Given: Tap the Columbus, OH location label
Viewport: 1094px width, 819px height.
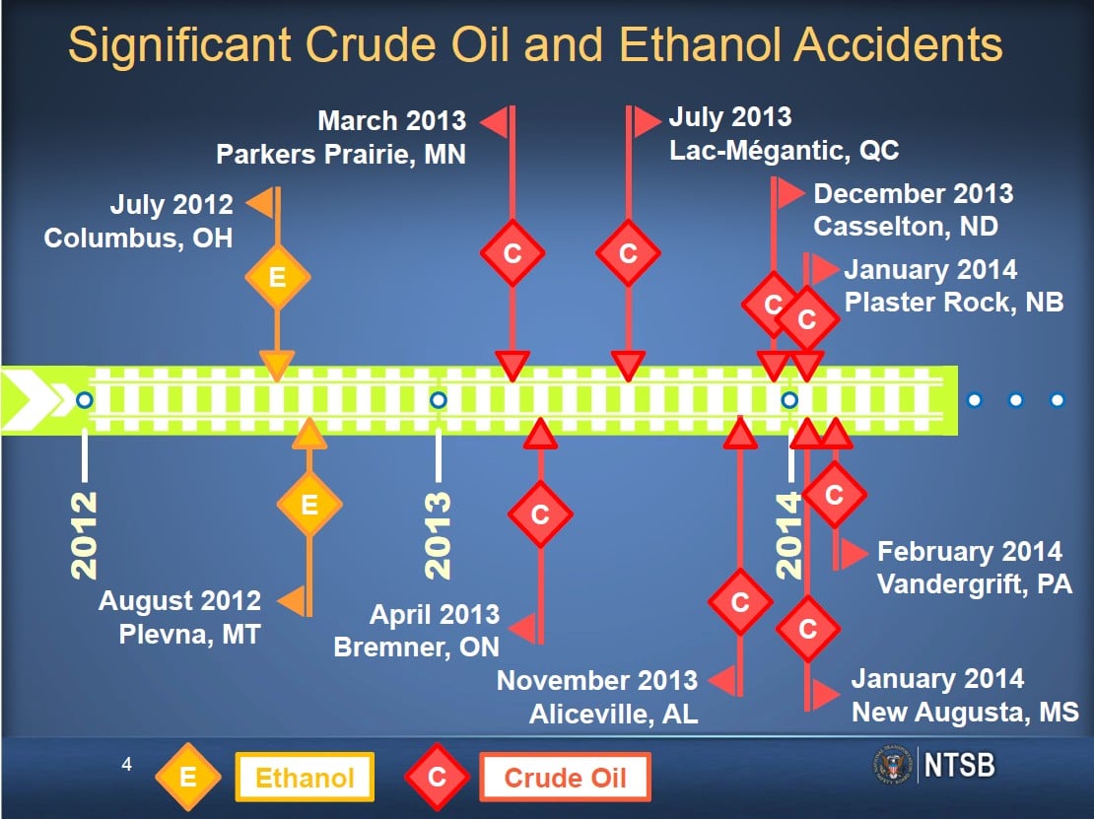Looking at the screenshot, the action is click(138, 238).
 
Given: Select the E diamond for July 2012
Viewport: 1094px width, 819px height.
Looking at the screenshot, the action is click(277, 277).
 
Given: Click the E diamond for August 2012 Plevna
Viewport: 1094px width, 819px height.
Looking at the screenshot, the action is click(309, 505).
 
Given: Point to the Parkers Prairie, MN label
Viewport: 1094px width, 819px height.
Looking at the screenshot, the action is click(340, 154).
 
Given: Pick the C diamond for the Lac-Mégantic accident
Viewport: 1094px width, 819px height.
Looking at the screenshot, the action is click(628, 252).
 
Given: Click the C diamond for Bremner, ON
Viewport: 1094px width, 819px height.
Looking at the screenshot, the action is click(540, 514).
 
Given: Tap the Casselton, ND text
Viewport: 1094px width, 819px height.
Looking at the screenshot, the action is click(906, 226).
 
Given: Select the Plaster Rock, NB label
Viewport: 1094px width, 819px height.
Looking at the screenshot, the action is click(954, 302).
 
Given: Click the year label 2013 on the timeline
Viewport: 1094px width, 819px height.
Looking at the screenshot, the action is click(439, 535).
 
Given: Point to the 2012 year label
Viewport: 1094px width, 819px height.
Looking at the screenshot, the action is click(85, 535).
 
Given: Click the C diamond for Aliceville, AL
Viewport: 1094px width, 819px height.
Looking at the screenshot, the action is click(739, 601).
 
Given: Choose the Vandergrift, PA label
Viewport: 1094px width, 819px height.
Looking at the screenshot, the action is click(974, 583).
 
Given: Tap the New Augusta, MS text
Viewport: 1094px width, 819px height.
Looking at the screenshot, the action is click(965, 713).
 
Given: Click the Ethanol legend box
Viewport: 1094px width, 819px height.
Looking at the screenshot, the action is click(305, 778).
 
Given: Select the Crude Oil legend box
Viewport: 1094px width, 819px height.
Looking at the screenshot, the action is click(565, 778).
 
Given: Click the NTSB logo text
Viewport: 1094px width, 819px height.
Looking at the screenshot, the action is click(959, 765).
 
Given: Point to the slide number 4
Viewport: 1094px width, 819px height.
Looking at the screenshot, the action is click(126, 765).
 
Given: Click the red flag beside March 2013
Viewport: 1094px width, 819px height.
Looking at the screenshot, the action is click(495, 122).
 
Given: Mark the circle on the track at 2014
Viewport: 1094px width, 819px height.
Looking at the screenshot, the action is click(789, 400).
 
